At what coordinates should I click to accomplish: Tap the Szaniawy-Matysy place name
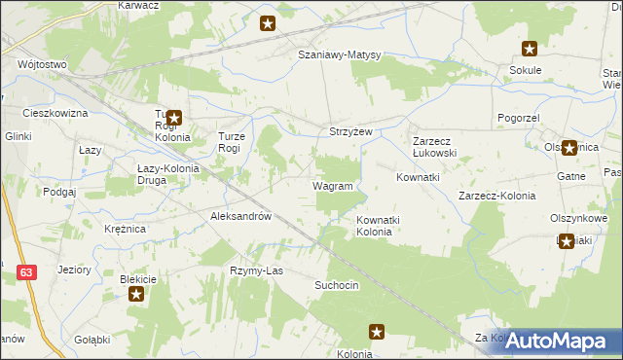(339, 55)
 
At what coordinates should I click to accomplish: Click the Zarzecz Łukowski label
(434, 146)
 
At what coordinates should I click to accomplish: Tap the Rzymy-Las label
(255, 270)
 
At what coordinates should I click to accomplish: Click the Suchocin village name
(337, 285)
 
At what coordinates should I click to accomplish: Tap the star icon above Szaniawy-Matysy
(269, 23)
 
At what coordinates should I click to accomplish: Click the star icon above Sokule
(530, 49)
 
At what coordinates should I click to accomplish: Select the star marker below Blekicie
(136, 294)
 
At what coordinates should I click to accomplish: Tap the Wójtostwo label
(42, 65)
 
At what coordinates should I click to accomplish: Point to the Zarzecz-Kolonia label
(496, 196)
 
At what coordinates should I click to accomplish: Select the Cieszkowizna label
(55, 114)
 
